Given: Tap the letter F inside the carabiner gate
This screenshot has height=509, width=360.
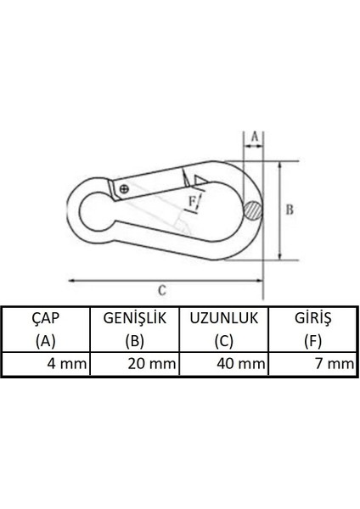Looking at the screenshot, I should [194, 200].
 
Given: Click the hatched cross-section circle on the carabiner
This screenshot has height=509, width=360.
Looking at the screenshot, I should [252, 210].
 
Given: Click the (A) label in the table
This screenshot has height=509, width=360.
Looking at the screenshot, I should [45, 342].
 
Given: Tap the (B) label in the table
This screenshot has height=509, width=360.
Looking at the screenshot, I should [135, 342].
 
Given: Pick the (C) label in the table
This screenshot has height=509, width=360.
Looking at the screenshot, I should [223, 342].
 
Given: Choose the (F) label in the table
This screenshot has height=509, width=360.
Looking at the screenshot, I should [312, 342].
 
